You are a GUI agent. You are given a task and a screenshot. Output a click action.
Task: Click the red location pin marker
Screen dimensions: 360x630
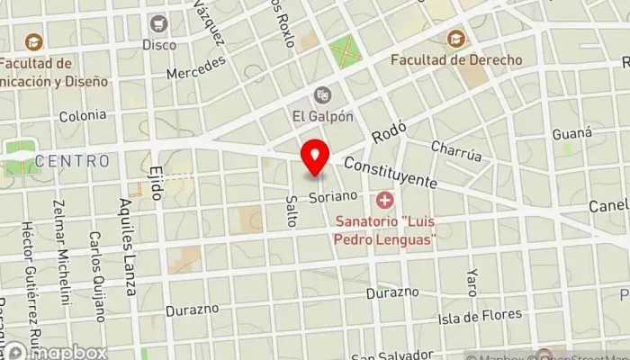(x=315, y=158)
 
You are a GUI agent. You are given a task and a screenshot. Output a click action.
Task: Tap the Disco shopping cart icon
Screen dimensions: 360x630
(x=159, y=23)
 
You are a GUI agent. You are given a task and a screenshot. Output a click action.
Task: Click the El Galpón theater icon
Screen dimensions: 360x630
(x=322, y=94)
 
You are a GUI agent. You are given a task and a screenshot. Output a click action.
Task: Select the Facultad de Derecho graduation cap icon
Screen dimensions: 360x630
(x=456, y=39)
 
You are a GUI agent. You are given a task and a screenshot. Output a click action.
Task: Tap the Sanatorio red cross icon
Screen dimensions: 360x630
(x=385, y=199)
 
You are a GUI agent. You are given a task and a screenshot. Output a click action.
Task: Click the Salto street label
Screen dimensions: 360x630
(x=291, y=211)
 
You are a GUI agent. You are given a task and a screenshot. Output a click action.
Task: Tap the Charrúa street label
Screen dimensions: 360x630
(x=455, y=150)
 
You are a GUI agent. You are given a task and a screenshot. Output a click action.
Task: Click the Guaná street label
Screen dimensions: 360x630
(x=572, y=133)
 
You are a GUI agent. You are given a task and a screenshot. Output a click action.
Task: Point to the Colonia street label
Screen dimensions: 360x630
(x=82, y=115)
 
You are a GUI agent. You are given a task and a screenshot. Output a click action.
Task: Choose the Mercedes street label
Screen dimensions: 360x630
(x=195, y=67)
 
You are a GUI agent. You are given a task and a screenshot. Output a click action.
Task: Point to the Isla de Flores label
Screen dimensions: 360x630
(x=480, y=315)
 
